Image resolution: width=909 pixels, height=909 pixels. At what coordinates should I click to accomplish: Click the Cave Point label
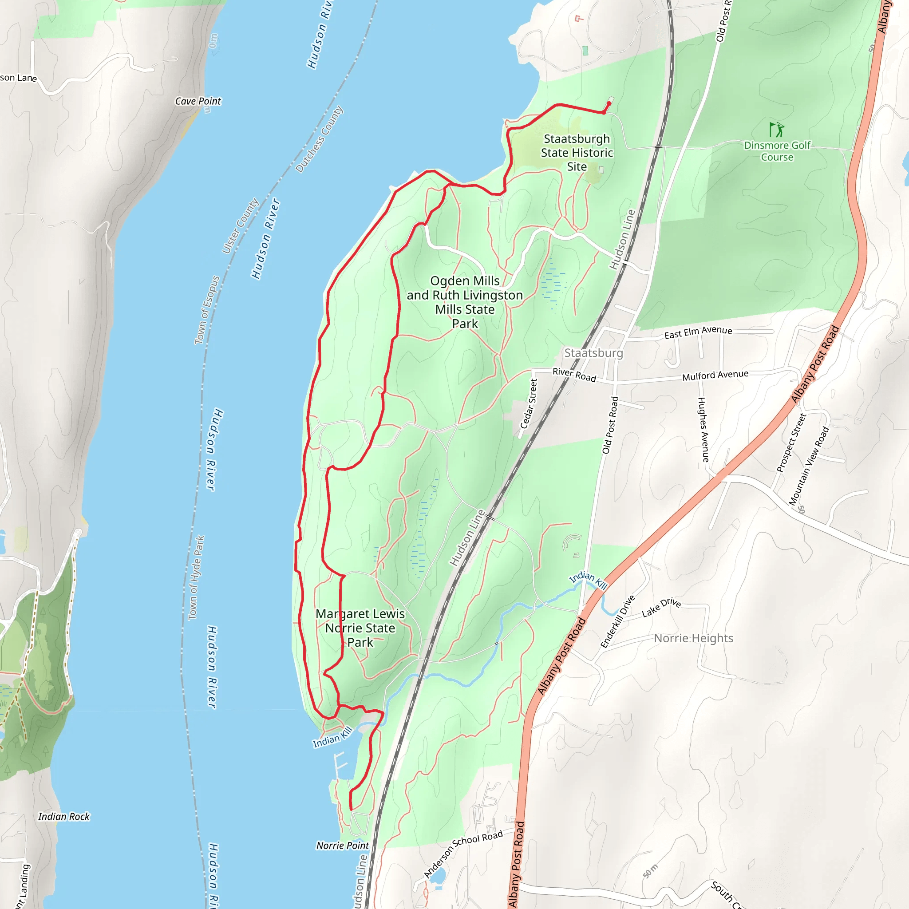198,101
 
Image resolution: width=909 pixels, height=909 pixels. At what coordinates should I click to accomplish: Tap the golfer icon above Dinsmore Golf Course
776,130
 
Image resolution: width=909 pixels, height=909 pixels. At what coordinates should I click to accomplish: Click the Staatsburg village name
593,353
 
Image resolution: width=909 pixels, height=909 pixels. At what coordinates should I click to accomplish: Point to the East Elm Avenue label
698,332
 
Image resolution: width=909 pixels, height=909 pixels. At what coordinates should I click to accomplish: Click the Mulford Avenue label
715,375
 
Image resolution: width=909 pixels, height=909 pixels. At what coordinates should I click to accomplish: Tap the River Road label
574,375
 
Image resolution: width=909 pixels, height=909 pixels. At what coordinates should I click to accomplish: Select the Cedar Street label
529,404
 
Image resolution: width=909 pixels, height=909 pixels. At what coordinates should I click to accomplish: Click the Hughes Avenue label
703,430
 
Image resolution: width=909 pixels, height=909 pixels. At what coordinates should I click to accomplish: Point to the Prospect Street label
791,442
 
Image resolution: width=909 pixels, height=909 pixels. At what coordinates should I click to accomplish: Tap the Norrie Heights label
694,638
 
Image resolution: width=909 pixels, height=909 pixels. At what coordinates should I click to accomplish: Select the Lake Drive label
661,607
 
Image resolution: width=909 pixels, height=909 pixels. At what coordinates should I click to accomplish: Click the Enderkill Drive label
618,621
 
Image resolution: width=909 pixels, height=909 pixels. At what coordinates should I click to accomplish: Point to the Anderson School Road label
463,854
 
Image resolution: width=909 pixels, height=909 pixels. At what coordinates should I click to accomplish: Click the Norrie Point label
343,846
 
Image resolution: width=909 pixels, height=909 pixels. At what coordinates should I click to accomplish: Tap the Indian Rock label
63,816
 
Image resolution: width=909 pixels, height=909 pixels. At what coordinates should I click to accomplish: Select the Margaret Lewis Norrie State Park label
360,628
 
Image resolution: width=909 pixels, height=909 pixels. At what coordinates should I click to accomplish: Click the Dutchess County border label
320,139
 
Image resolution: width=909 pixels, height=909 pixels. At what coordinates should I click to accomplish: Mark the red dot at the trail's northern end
609,103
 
